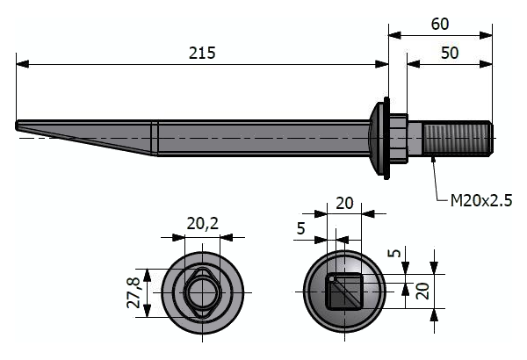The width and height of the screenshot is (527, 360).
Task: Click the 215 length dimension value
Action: pyautogui.click(x=202, y=53)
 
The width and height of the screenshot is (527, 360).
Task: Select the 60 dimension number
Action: pyautogui.click(x=441, y=24)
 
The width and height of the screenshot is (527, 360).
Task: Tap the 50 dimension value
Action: pyautogui.click(x=450, y=53)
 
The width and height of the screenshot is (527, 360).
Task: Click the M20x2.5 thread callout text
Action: pyautogui.click(x=480, y=201)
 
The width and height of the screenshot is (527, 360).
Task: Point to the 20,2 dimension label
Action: pyautogui.click(x=202, y=224)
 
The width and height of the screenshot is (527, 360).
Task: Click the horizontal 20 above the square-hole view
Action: pyautogui.click(x=344, y=203)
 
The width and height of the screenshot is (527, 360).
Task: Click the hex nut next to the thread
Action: pyautogui.click(x=399, y=137)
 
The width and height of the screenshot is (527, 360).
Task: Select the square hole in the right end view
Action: pyautogui.click(x=344, y=290)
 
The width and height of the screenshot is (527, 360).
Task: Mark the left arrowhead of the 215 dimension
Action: pyautogui.click(x=21, y=63)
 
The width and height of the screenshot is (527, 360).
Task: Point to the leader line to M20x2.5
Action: pyautogui.click(x=437, y=180)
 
